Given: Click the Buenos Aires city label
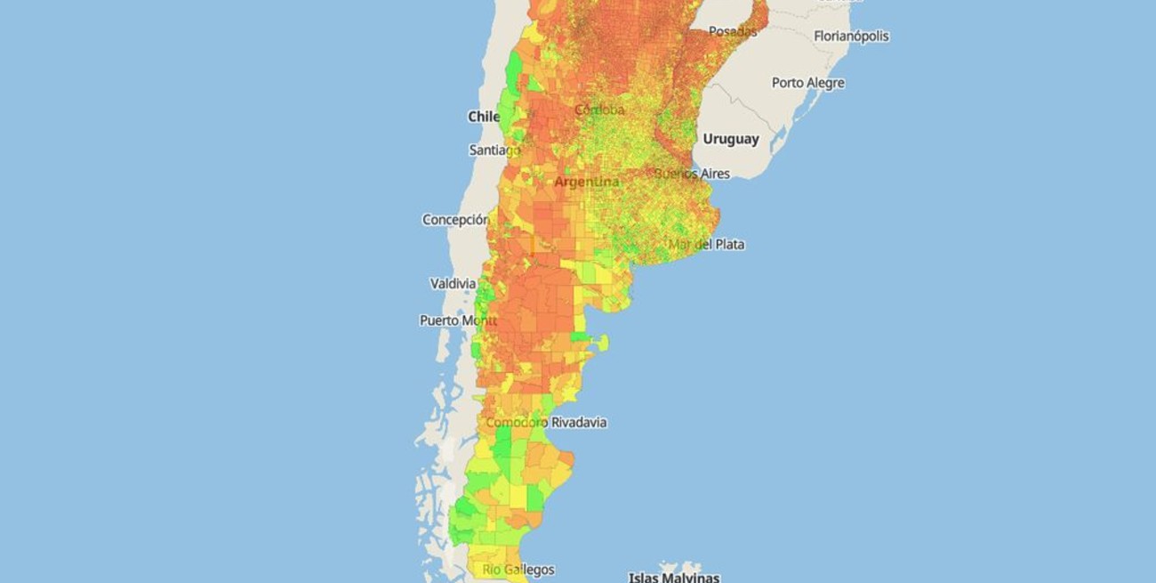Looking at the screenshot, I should (x=692, y=174).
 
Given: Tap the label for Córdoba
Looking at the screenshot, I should (x=599, y=109).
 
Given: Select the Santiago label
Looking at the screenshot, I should (x=494, y=150).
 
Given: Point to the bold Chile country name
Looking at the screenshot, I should (x=485, y=117).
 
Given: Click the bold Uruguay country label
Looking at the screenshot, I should (x=731, y=139).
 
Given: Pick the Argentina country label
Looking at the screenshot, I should (x=587, y=182).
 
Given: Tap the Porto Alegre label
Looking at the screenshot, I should (x=807, y=83).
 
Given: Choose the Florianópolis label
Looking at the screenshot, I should (x=851, y=36).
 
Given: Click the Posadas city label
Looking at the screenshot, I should (x=733, y=31).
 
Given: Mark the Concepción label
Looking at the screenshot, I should (x=455, y=219).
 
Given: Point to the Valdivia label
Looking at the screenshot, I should (x=453, y=284).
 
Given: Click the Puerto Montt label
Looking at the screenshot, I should (x=458, y=320).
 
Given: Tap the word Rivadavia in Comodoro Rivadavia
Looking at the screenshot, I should (x=579, y=422).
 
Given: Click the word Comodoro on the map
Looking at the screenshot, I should (x=517, y=422).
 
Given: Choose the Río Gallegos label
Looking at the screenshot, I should (x=518, y=570).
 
